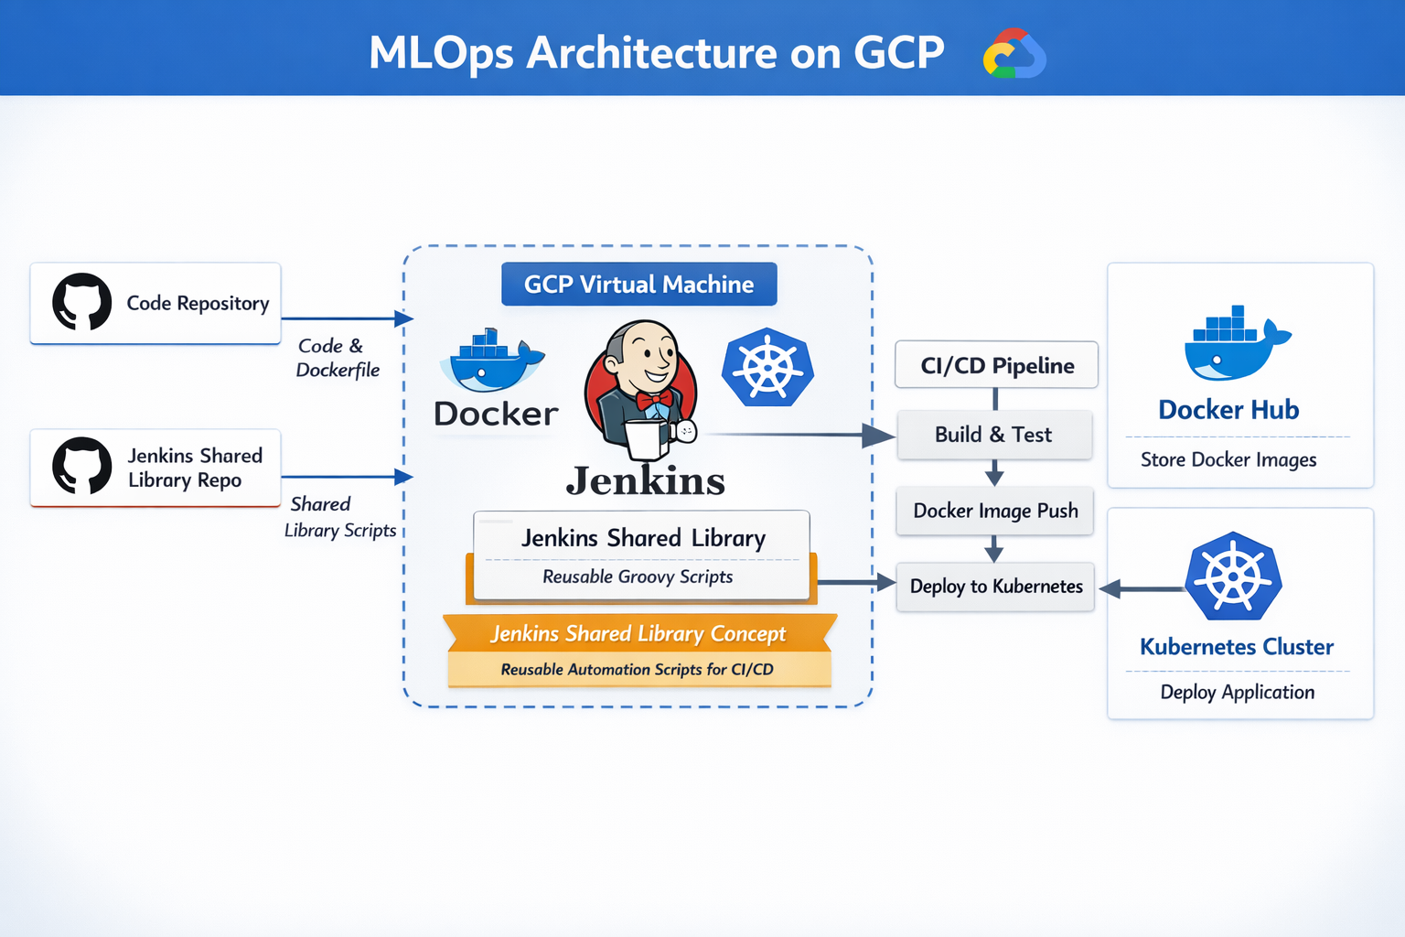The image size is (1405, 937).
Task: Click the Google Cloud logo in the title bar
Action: (x=1014, y=54)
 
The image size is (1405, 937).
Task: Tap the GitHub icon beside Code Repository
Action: (x=82, y=301)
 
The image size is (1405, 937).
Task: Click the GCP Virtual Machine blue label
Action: (x=638, y=285)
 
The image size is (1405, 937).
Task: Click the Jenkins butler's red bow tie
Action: (x=654, y=401)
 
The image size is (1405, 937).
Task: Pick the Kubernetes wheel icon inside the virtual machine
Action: (x=767, y=367)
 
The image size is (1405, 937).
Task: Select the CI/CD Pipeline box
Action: (x=996, y=365)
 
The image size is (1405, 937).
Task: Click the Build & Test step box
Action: (x=994, y=435)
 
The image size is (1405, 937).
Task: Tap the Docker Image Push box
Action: (x=995, y=511)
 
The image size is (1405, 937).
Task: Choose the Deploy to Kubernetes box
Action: (x=995, y=587)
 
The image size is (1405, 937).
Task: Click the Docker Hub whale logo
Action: (x=1235, y=345)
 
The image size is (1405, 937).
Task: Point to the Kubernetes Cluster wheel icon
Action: (x=1234, y=576)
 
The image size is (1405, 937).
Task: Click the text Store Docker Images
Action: (x=1228, y=460)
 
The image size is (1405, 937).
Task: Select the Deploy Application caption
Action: (x=1237, y=693)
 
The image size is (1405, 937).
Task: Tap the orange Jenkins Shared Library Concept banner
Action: (x=638, y=633)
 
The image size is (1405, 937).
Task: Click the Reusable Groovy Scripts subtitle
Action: (x=638, y=576)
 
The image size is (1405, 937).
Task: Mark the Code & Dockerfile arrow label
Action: (x=336, y=358)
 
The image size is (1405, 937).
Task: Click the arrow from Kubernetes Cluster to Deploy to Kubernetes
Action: (x=1143, y=589)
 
